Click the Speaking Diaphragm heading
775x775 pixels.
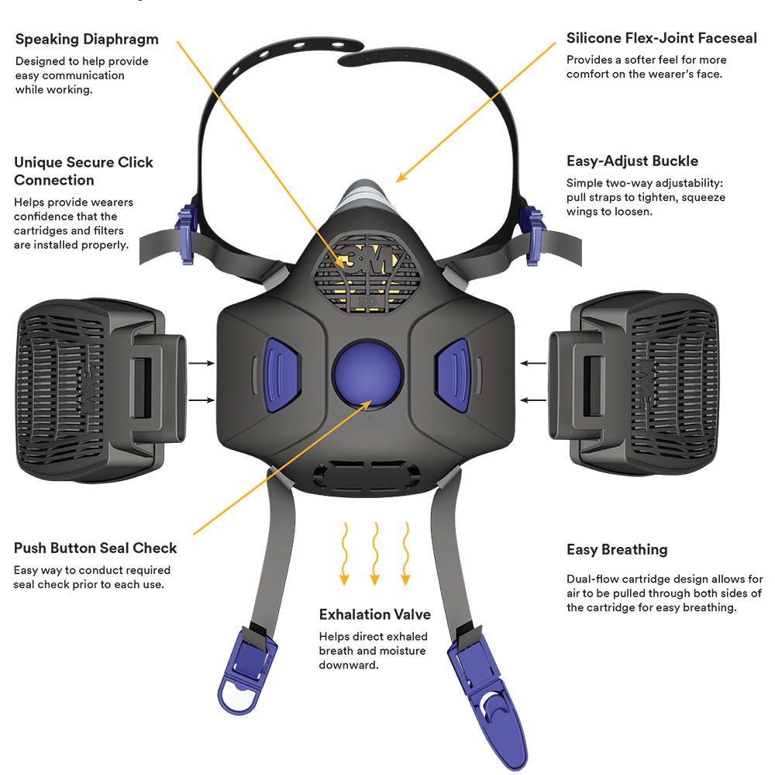click(x=87, y=39)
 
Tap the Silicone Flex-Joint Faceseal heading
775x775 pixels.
click(x=662, y=38)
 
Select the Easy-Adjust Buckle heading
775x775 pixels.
click(x=632, y=161)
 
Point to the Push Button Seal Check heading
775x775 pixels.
click(x=95, y=548)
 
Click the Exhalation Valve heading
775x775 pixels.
click(x=375, y=614)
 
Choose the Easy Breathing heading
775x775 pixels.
click(x=617, y=550)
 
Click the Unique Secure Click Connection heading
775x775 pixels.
click(x=84, y=171)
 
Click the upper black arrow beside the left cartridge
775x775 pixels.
click(x=201, y=362)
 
